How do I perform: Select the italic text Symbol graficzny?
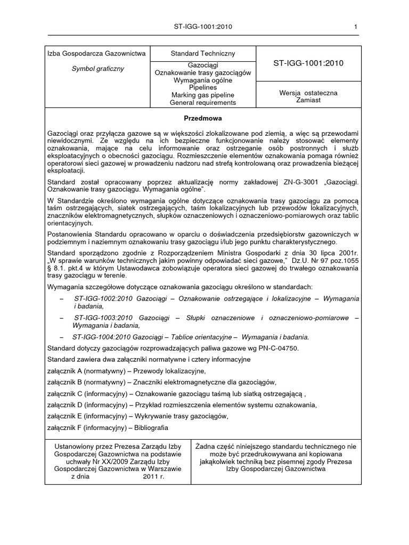click(98, 69)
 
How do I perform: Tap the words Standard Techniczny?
click(202, 54)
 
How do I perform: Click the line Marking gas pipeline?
click(202, 95)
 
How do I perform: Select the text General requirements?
click(202, 103)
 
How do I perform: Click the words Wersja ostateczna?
click(308, 92)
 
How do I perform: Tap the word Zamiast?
click(308, 100)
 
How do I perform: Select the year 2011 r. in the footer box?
click(154, 477)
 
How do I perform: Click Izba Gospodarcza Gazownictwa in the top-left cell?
click(98, 54)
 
